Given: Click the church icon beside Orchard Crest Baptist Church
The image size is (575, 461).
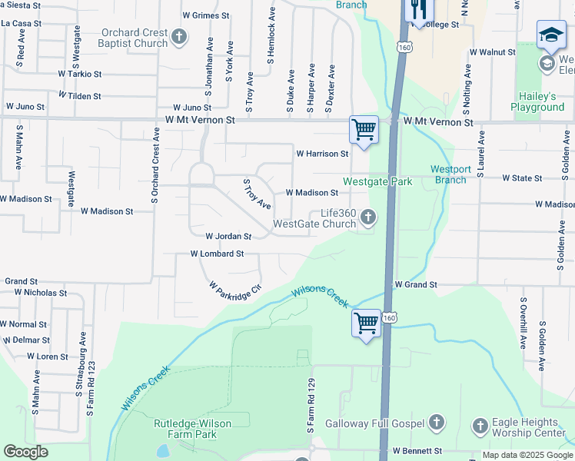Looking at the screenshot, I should [179, 37].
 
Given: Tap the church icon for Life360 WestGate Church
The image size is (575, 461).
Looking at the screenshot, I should [368, 217].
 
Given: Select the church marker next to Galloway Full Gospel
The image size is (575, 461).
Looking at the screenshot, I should [436, 423].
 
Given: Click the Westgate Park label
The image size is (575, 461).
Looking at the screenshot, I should [377, 181].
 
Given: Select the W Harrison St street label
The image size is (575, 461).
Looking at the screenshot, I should [323, 154].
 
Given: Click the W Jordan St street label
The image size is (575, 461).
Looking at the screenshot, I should [228, 237].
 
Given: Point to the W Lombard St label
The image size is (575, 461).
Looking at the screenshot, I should [217, 254].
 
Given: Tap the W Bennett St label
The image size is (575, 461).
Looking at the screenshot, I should [417, 451].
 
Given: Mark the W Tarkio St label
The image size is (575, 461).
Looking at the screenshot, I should [80, 75].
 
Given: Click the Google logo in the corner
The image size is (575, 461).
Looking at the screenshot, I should [25, 452].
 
